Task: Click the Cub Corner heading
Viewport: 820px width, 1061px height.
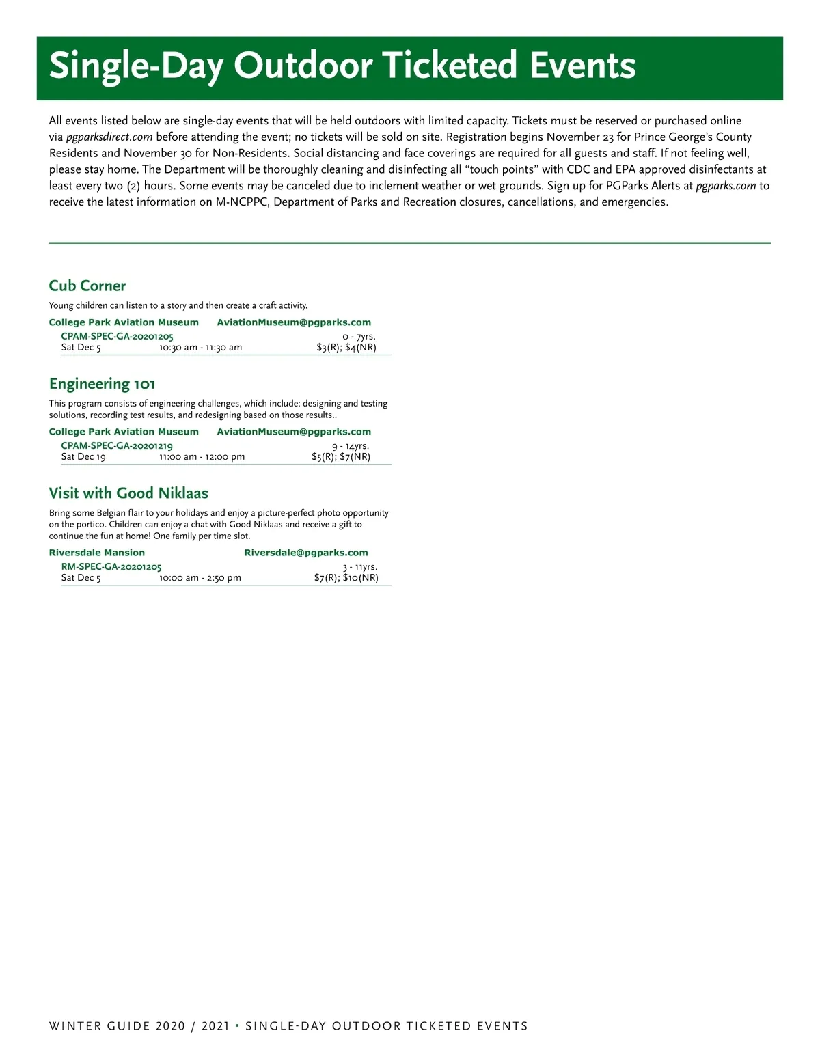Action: (87, 286)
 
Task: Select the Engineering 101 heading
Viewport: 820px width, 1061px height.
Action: (102, 384)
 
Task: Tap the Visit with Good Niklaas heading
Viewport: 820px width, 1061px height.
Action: (128, 493)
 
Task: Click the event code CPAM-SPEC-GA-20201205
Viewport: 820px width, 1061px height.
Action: (117, 336)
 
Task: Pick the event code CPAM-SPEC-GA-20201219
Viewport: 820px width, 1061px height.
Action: (117, 445)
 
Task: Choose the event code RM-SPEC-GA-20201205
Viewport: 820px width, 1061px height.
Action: (111, 566)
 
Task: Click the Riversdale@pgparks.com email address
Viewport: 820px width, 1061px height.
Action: (306, 553)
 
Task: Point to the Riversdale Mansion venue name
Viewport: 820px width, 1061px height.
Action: (97, 553)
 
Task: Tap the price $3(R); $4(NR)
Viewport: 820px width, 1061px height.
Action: (346, 347)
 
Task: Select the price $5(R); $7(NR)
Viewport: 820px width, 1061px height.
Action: (341, 456)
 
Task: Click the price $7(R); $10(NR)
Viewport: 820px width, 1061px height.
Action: (346, 577)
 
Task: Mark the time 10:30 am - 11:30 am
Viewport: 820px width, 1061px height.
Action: (201, 347)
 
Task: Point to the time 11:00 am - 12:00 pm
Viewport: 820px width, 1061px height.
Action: (202, 456)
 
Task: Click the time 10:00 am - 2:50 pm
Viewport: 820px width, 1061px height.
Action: (200, 577)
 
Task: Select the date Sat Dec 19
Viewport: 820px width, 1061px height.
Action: (83, 456)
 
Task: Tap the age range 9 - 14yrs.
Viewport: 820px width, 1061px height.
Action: (351, 445)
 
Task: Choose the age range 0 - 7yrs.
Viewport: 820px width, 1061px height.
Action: (359, 336)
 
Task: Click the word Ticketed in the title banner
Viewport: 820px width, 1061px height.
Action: (449, 66)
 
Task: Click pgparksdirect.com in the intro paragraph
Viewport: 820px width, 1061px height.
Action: (109, 137)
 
